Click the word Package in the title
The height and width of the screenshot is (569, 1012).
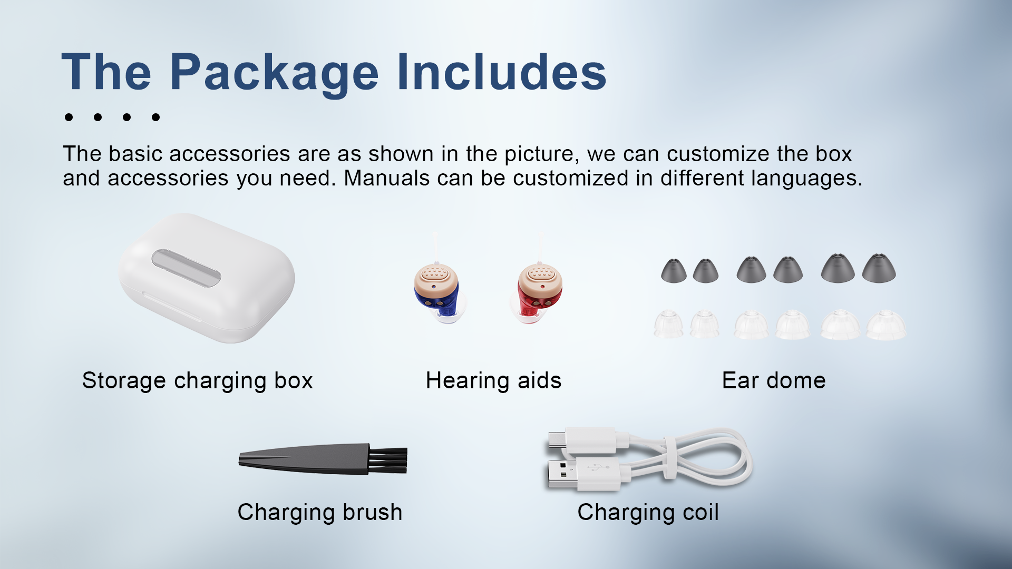[x=274, y=74]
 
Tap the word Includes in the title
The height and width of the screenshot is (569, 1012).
[x=502, y=72]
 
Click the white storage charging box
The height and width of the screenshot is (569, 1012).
[x=207, y=278]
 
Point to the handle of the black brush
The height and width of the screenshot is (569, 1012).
[x=304, y=459]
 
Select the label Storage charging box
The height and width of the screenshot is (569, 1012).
[x=198, y=381]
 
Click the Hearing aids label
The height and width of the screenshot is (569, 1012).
[x=493, y=380]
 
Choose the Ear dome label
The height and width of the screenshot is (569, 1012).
[x=774, y=380]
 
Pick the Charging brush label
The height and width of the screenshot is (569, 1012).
[x=320, y=513]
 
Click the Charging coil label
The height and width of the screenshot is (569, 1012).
[x=648, y=513]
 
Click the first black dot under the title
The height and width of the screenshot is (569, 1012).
[x=69, y=117]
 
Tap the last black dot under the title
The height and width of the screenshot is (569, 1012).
[x=155, y=117]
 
